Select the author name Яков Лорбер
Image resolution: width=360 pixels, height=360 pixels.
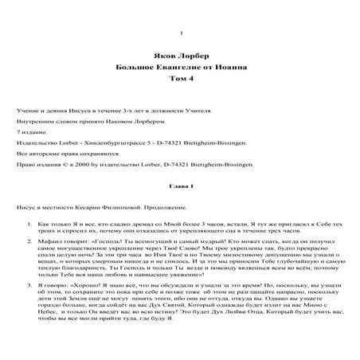[x=182, y=59]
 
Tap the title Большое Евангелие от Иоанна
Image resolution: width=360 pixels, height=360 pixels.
[x=182, y=69]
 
